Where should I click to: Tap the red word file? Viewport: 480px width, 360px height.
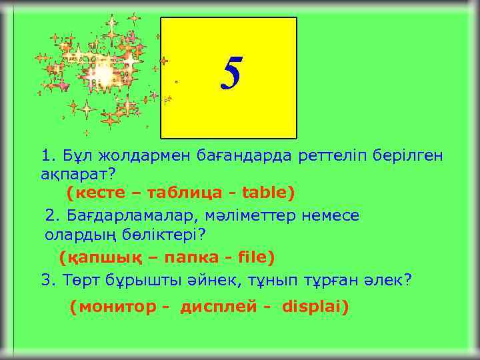tap(252, 257)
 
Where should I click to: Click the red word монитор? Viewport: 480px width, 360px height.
tap(114, 307)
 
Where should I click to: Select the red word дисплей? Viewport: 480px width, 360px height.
tap(214, 307)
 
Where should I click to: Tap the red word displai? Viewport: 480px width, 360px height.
tap(314, 307)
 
